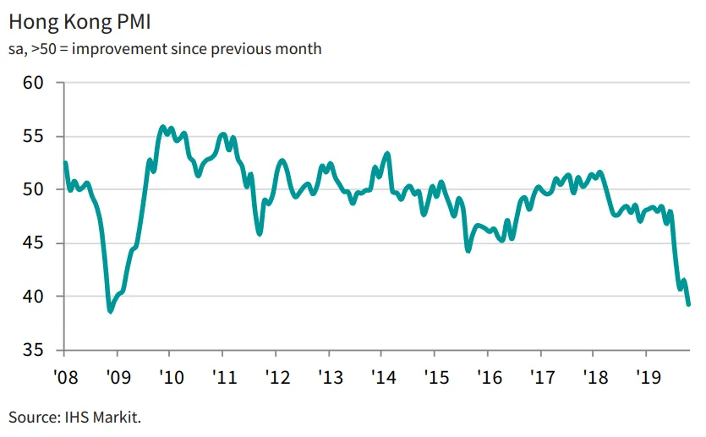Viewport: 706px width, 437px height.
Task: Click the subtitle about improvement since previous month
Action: [x=165, y=48]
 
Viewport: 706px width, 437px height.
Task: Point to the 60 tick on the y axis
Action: [x=32, y=83]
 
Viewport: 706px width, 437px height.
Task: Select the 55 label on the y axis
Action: [x=32, y=136]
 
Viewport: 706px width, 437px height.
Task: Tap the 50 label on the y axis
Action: [x=32, y=189]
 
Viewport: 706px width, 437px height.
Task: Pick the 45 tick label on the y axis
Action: [x=32, y=243]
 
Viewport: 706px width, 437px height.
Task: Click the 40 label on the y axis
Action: [x=32, y=297]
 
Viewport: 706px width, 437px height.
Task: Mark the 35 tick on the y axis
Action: [x=32, y=350]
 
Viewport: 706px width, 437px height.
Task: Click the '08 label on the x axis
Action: [x=64, y=374]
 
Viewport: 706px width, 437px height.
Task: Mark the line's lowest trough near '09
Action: [x=110, y=311]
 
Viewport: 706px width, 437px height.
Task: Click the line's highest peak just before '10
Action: [x=162, y=127]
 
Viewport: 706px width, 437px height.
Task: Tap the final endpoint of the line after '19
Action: [x=688, y=304]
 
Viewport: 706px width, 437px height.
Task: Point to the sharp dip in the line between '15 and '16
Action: [x=468, y=250]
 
